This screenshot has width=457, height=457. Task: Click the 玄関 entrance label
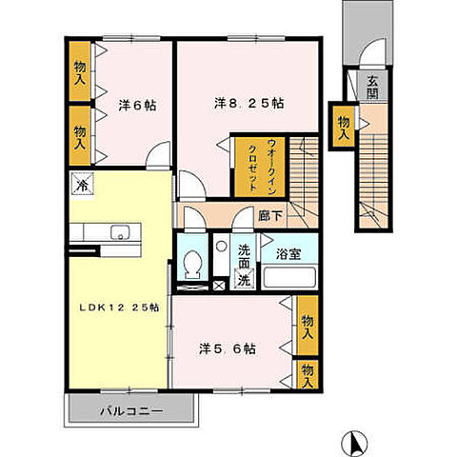pyautogui.click(x=372, y=88)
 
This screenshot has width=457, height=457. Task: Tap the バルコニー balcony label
pyautogui.click(x=130, y=411)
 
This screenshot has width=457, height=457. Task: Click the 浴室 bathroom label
pyautogui.click(x=288, y=255)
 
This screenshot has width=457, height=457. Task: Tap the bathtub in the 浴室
pyautogui.click(x=288, y=279)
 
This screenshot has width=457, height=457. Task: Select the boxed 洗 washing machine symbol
pyautogui.click(x=243, y=280)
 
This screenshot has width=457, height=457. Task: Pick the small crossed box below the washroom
pyautogui.click(x=221, y=283)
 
